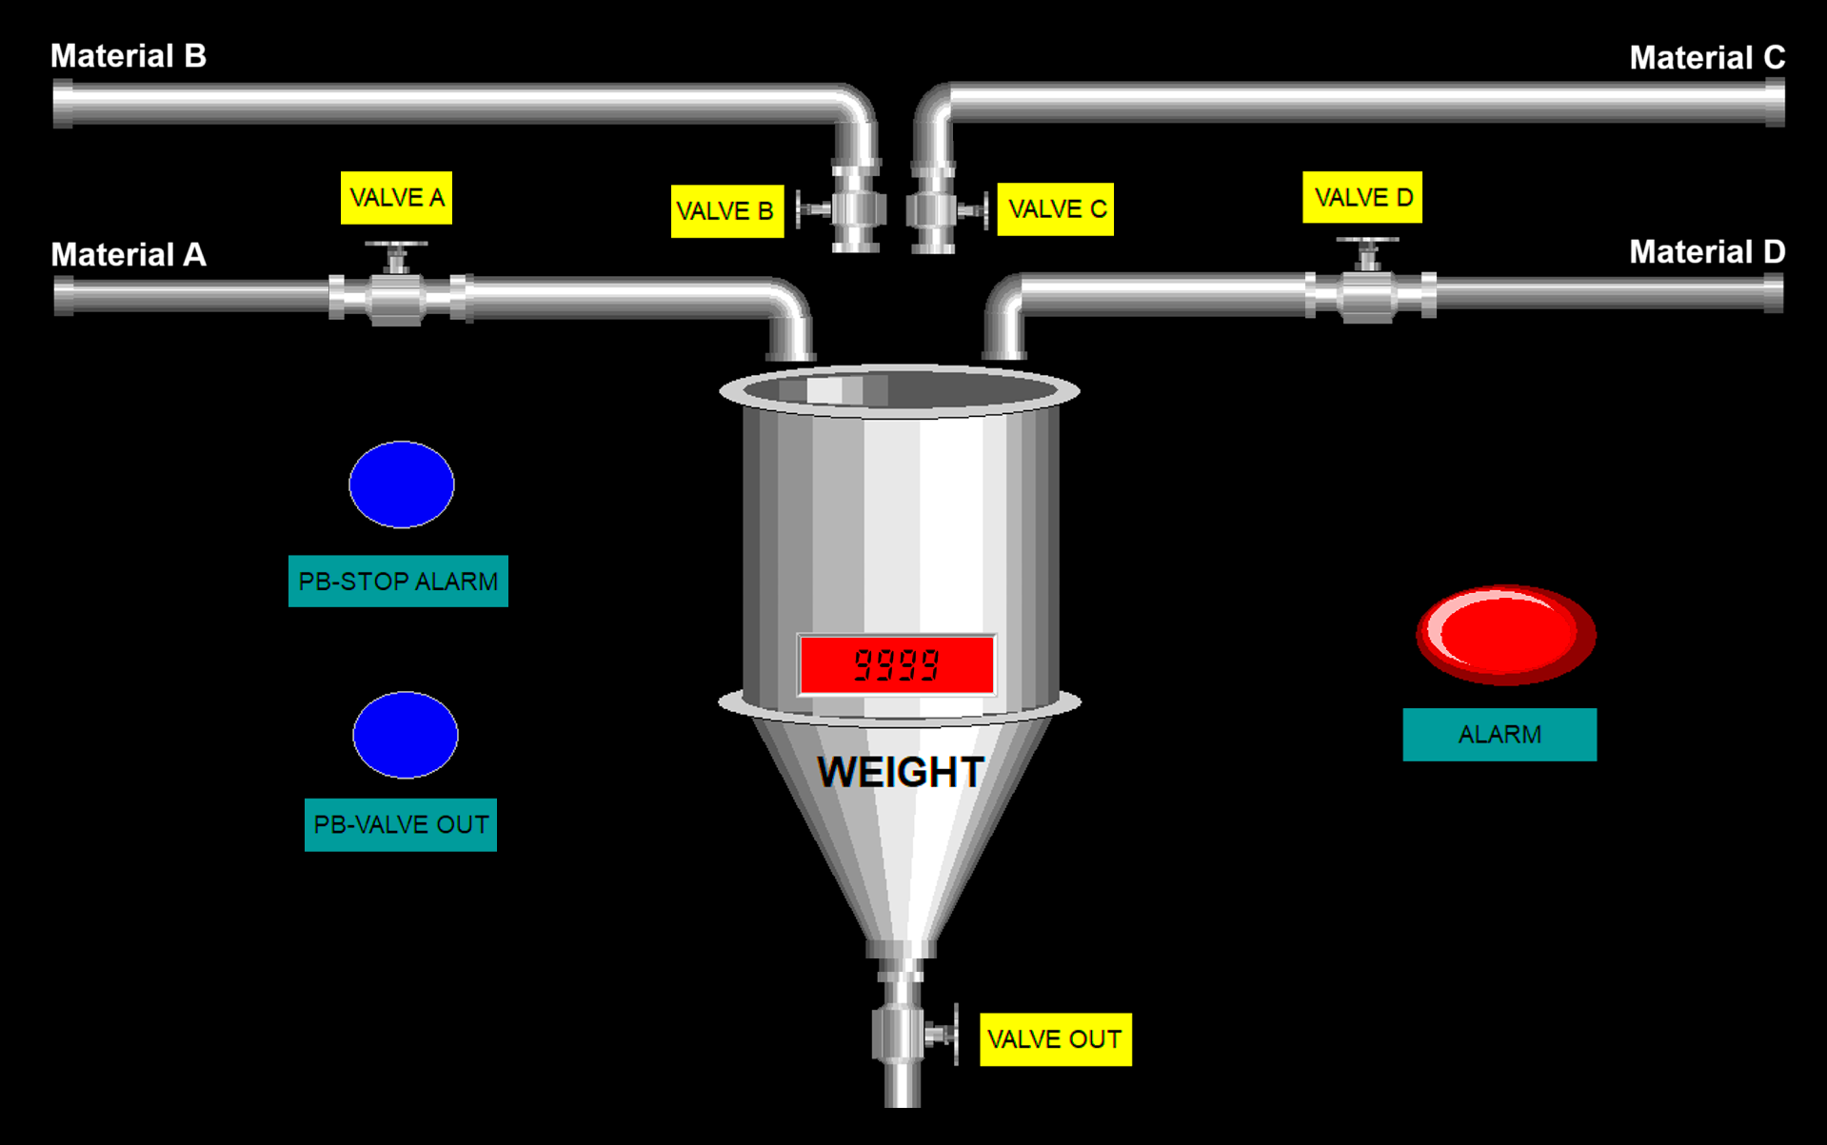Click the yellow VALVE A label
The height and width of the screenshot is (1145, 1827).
396,198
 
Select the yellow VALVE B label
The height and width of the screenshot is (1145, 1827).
726,211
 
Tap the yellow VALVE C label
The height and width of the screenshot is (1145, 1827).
1055,209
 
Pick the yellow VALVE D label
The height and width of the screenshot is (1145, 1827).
1361,198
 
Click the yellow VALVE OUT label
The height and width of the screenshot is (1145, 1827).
1055,1039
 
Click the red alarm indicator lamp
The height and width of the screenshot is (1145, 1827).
1504,634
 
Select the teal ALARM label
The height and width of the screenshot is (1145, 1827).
1499,735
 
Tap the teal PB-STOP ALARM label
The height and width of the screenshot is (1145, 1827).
398,582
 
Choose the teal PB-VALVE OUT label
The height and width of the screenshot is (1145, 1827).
400,825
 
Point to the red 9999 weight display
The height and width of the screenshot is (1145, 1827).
897,664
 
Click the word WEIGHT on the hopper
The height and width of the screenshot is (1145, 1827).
900,772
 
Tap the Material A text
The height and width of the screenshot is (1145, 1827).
129,255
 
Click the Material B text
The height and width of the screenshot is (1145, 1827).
129,56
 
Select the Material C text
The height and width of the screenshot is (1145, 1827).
1706,58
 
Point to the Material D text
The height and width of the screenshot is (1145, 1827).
1706,252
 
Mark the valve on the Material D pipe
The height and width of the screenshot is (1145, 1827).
1368,291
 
